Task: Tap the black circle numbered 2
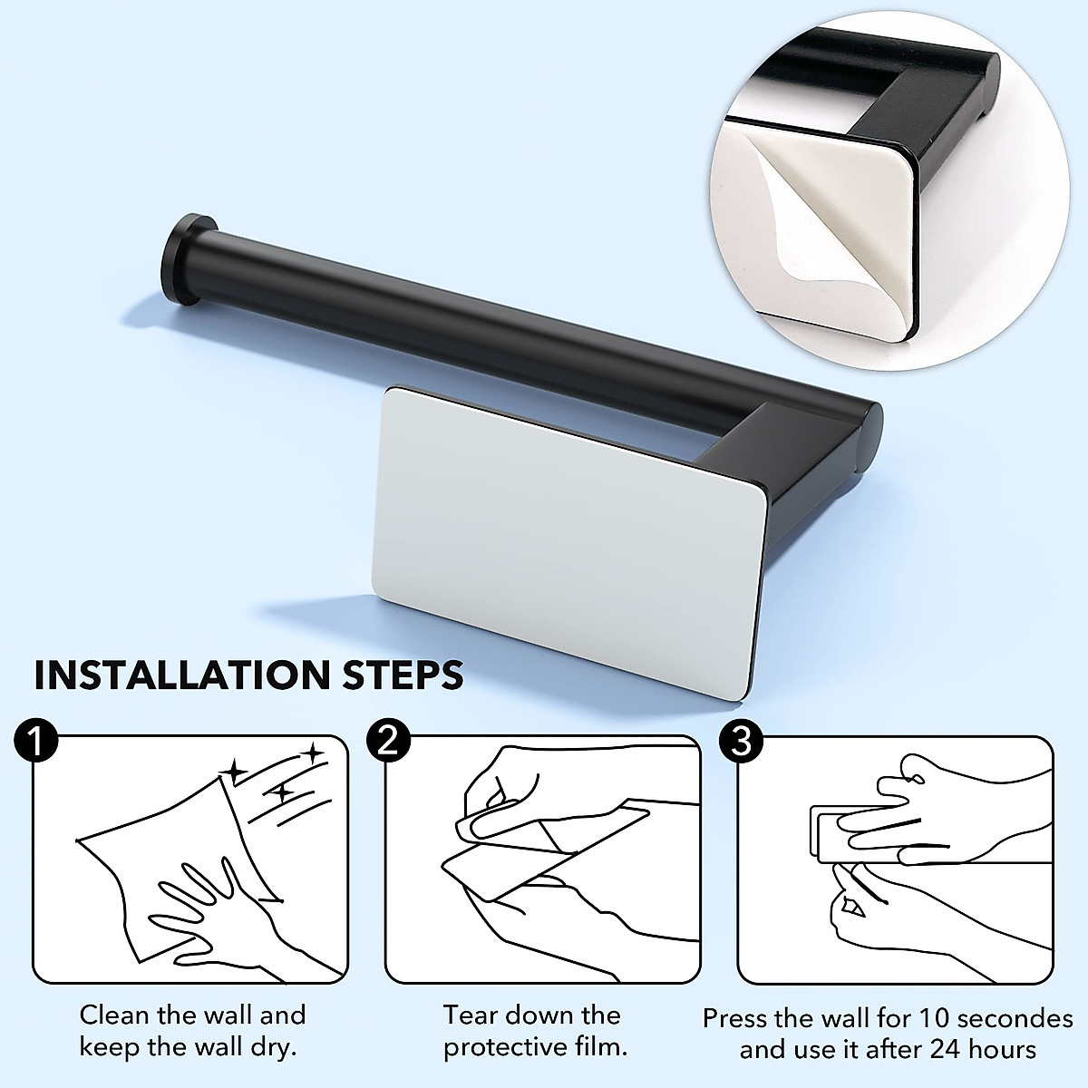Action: pyautogui.click(x=388, y=742)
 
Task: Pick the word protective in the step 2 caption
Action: pyautogui.click(x=506, y=1048)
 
